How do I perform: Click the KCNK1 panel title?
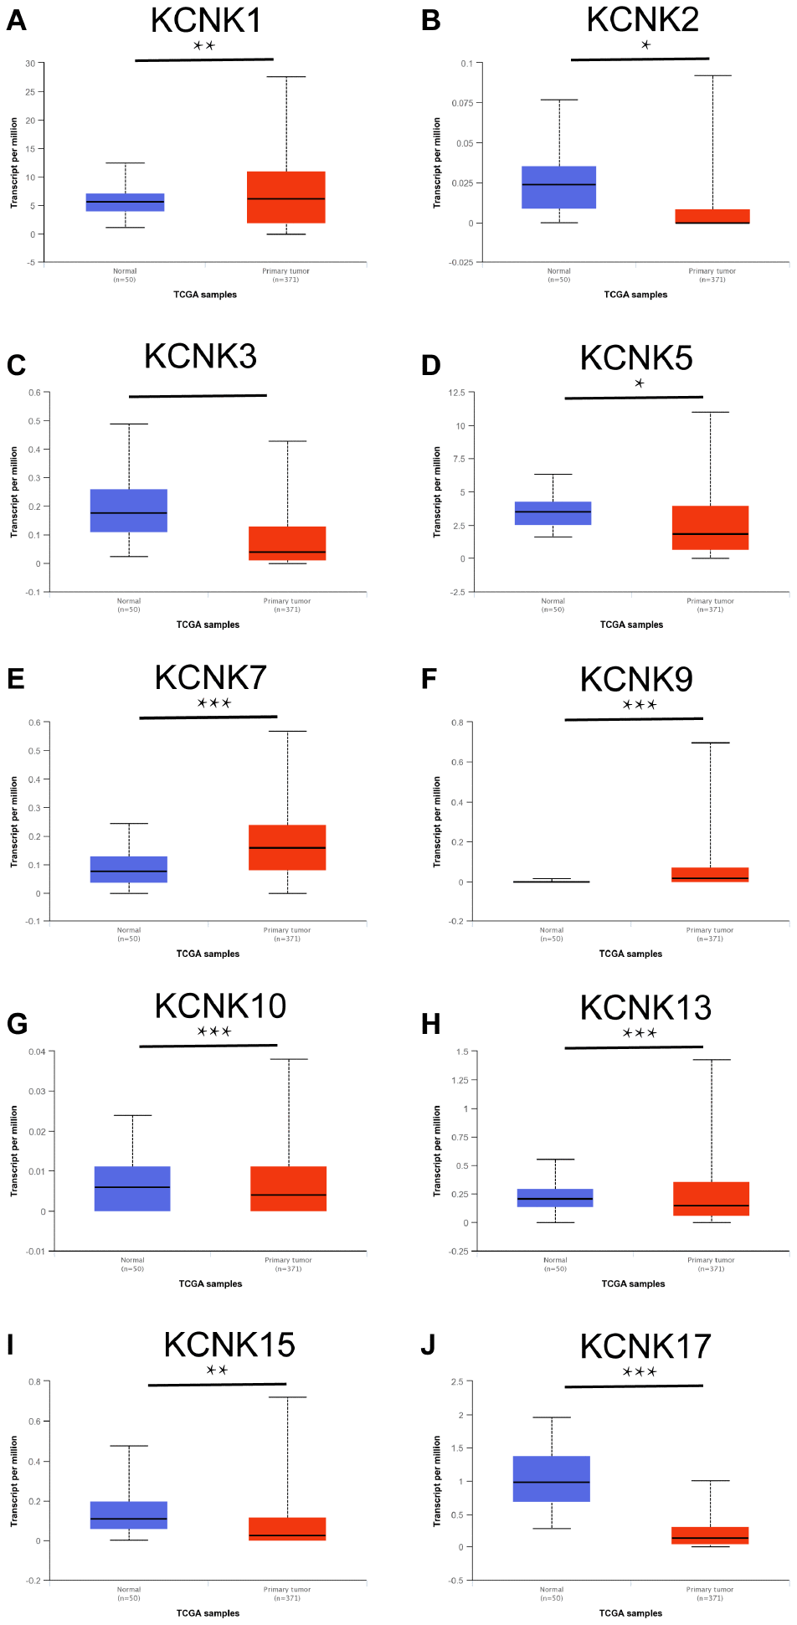tap(206, 21)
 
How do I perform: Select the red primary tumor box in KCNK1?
tap(285, 198)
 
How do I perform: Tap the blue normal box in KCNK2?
tap(558, 187)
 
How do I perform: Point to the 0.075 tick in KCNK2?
tap(462, 103)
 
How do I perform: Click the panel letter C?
tap(16, 366)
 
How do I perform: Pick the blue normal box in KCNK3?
tap(129, 511)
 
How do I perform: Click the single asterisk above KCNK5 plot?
tap(640, 383)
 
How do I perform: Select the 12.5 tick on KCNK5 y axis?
tap(456, 393)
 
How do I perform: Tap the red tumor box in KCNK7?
tap(287, 847)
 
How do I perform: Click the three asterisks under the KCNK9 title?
tap(640, 705)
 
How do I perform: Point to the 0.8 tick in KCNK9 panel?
tap(457, 723)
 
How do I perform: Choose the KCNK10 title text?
tap(220, 1005)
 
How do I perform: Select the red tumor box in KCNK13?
tap(711, 1198)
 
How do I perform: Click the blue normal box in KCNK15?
tap(129, 1514)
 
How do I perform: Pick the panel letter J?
tap(428, 1345)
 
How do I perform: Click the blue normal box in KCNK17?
tap(552, 1478)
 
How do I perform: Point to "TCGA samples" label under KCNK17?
tap(630, 1613)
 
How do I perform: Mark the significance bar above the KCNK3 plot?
tap(198, 396)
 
